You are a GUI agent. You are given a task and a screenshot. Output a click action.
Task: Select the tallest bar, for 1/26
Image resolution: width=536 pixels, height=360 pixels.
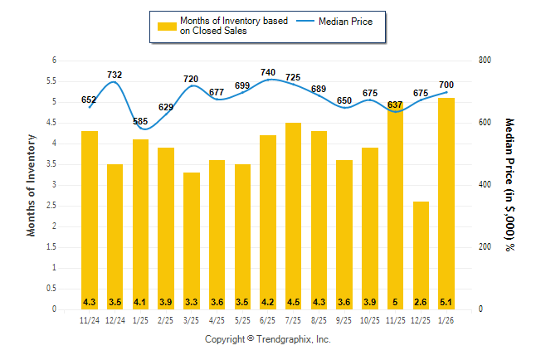pyautogui.click(x=446, y=203)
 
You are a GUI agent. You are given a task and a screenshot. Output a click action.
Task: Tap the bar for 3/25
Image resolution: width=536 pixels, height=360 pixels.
pyautogui.click(x=192, y=241)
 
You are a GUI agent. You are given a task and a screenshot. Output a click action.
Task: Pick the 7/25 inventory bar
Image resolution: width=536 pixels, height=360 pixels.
pyautogui.click(x=294, y=216)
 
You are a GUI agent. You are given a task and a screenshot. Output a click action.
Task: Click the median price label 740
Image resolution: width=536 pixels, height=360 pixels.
pyautogui.click(x=268, y=72)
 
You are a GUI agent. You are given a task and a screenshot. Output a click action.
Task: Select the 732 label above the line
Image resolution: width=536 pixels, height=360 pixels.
pyautogui.click(x=115, y=75)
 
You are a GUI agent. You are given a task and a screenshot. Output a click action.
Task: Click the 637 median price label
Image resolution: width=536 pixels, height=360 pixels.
pyautogui.click(x=395, y=105)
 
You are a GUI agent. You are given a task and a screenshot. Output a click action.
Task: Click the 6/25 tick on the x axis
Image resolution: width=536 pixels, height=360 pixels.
pyautogui.click(x=268, y=320)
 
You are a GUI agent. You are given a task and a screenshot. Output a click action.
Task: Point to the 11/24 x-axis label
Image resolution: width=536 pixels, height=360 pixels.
pyautogui.click(x=90, y=320)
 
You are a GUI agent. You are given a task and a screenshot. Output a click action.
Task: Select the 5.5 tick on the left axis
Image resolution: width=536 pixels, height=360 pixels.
pyautogui.click(x=53, y=81)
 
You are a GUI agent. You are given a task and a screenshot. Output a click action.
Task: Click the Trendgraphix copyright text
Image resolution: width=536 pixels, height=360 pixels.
pyautogui.click(x=268, y=340)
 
